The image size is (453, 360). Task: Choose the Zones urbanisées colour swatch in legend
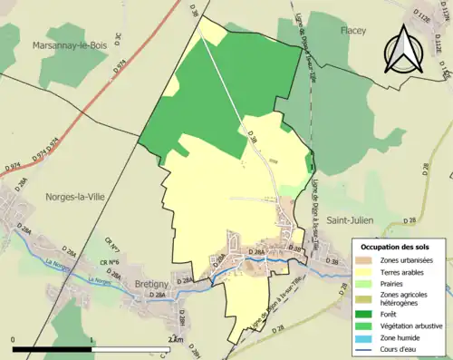click(x=369, y=260)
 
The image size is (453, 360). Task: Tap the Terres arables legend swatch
click(x=369, y=271)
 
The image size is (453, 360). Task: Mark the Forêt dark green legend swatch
click(x=369, y=313)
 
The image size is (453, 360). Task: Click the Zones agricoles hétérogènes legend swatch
click(x=369, y=297)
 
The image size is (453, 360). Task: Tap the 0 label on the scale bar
click(x=14, y=340)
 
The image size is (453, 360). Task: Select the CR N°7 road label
click(x=111, y=244)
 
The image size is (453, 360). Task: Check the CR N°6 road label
click(x=110, y=262)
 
